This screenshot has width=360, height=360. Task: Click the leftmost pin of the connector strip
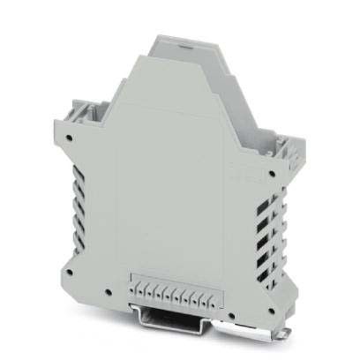[x=133, y=288]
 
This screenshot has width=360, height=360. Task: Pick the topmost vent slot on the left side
[x=82, y=162]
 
